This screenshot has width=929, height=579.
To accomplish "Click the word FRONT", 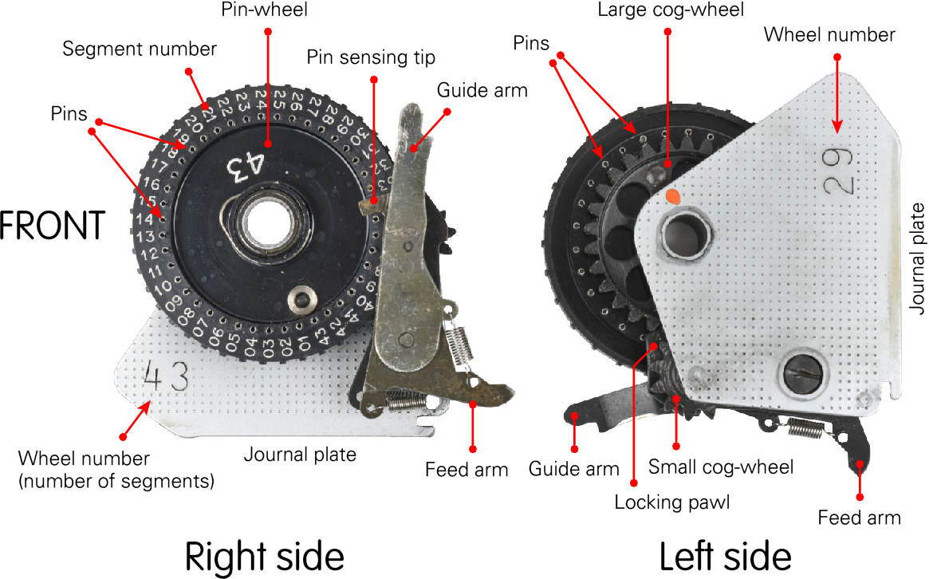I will click(x=53, y=226).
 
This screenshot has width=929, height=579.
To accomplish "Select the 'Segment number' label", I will click(x=140, y=49).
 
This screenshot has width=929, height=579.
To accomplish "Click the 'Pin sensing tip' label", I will click(x=372, y=57).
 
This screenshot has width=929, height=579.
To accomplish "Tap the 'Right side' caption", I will click(x=265, y=555).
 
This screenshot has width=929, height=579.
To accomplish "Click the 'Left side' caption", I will click(x=725, y=555).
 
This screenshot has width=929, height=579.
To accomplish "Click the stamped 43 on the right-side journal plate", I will click(x=166, y=376).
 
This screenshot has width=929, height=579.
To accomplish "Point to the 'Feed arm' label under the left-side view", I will click(x=859, y=518).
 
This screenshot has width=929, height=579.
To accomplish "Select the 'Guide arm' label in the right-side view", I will click(x=482, y=90).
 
